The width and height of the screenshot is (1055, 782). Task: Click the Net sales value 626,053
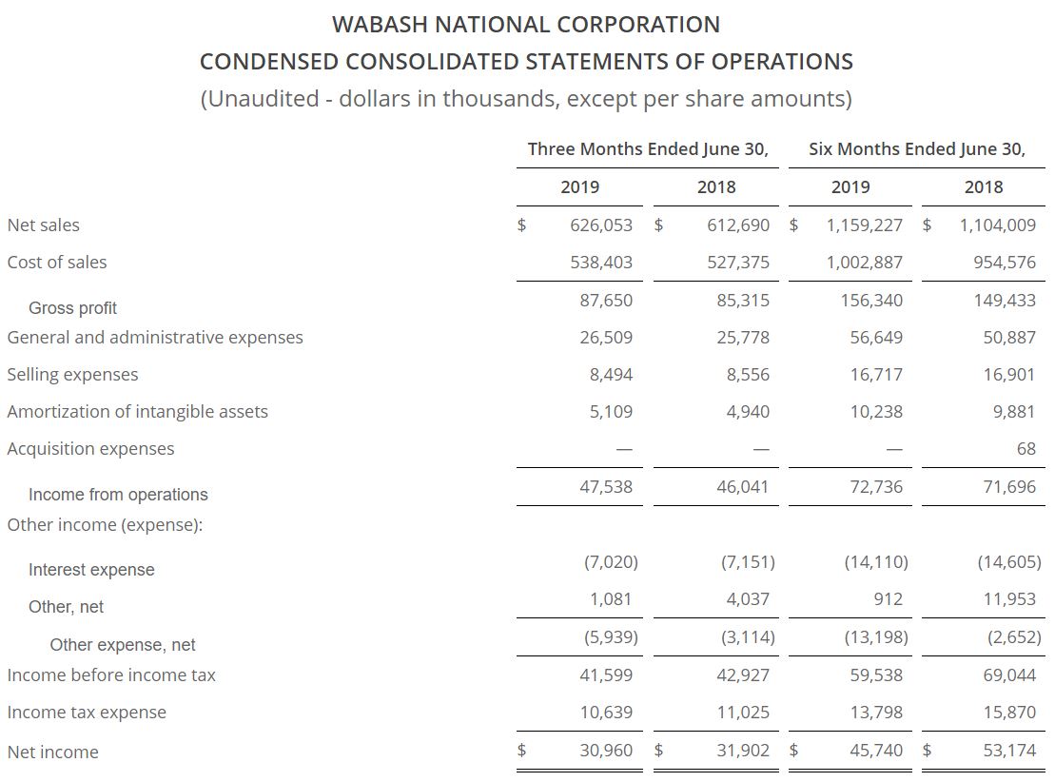point(601,225)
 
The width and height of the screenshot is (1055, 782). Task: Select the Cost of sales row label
point(57,263)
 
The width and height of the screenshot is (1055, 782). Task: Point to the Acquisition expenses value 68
point(1026,449)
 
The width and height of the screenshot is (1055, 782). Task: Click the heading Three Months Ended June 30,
point(648,149)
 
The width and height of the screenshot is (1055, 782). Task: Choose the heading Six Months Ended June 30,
point(917,149)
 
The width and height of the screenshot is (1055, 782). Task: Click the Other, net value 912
point(887,599)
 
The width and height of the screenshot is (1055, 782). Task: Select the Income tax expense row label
point(87,713)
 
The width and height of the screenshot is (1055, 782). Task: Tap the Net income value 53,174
point(1009,750)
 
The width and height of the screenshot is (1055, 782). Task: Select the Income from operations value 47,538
point(606,487)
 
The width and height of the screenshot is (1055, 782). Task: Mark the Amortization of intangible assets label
point(137,412)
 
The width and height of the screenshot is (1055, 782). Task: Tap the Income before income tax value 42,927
point(743,674)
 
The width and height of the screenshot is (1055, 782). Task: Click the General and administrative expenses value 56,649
point(876,338)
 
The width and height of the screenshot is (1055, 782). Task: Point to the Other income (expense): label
point(105,525)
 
